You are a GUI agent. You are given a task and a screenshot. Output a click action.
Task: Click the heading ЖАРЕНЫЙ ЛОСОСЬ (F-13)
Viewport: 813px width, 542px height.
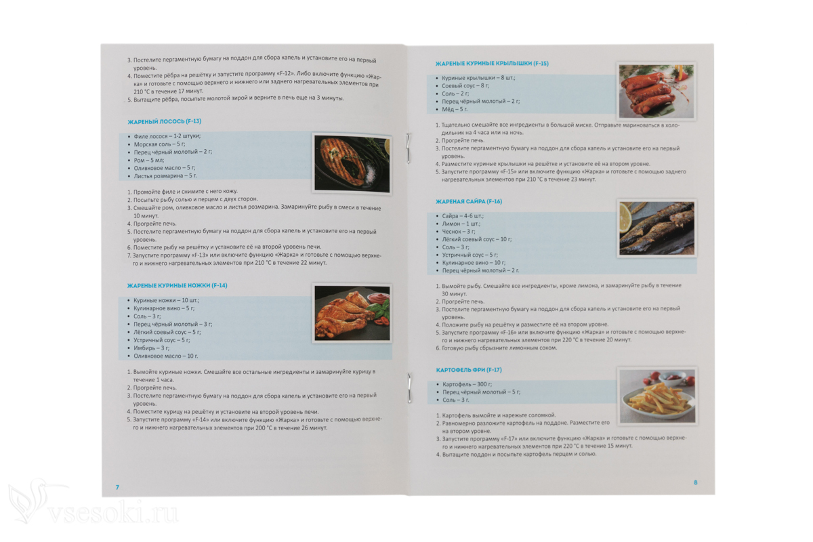tap(164, 121)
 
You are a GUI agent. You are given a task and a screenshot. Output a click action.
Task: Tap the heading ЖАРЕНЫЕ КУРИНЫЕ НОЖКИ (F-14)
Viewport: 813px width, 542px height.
tap(177, 286)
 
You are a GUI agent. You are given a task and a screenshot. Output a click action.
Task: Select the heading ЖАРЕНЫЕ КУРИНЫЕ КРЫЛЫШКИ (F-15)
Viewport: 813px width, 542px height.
tap(492, 64)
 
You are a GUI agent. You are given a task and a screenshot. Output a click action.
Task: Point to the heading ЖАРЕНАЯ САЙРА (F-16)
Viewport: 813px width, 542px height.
tap(469, 201)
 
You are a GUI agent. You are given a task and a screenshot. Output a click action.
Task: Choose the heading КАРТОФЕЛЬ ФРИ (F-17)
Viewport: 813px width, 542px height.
tap(469, 370)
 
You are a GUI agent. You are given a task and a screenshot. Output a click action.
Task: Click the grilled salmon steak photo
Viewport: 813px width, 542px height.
tap(352, 163)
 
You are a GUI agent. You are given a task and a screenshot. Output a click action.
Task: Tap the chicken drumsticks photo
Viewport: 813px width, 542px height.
tap(352, 314)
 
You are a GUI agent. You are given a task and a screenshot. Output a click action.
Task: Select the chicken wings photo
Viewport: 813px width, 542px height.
tap(656, 91)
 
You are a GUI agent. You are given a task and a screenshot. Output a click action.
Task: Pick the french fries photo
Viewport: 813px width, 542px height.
tap(657, 396)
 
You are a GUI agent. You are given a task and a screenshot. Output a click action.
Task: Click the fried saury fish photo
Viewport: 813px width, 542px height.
tap(656, 228)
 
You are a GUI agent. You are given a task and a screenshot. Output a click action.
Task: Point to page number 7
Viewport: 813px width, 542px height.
tap(117, 487)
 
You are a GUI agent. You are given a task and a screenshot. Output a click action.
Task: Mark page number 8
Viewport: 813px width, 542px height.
tap(695, 482)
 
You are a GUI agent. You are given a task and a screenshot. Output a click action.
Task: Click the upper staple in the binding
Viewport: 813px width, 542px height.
tap(409, 148)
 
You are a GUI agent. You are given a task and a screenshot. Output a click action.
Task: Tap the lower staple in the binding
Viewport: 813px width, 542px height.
tap(409, 388)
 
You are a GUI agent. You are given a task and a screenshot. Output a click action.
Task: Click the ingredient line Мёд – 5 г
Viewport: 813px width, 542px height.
tap(455, 109)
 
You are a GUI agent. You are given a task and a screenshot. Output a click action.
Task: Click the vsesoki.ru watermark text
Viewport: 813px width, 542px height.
tap(113, 513)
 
